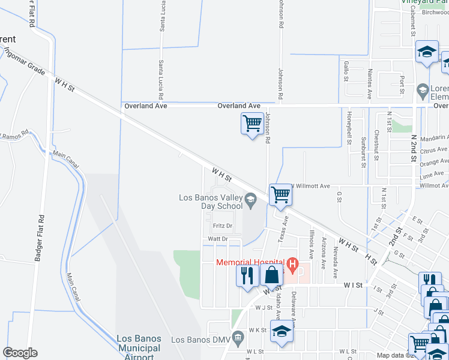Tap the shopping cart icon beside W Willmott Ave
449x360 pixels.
tap(280, 194)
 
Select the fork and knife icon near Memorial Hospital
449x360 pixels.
tap(247, 276)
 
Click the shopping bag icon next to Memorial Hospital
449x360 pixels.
tap(271, 276)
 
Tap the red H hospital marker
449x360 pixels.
tap(292, 263)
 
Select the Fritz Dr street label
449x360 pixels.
tap(222, 226)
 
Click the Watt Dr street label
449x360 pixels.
tap(217, 239)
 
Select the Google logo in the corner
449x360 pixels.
tap(20, 353)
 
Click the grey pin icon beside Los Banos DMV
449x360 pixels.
tap(238, 338)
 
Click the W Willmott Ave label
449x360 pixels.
tap(310, 186)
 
